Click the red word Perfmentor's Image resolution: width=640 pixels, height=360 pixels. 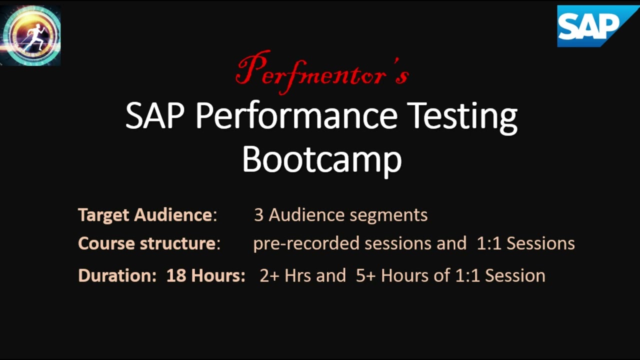322,73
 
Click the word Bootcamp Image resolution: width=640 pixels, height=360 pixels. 322,159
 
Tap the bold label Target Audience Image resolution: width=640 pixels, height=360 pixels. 145,215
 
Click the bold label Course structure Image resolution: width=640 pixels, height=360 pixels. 147,243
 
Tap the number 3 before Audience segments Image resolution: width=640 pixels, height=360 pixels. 258,215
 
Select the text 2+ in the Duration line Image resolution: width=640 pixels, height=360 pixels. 269,275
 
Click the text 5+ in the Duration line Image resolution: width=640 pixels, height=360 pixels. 365,275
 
